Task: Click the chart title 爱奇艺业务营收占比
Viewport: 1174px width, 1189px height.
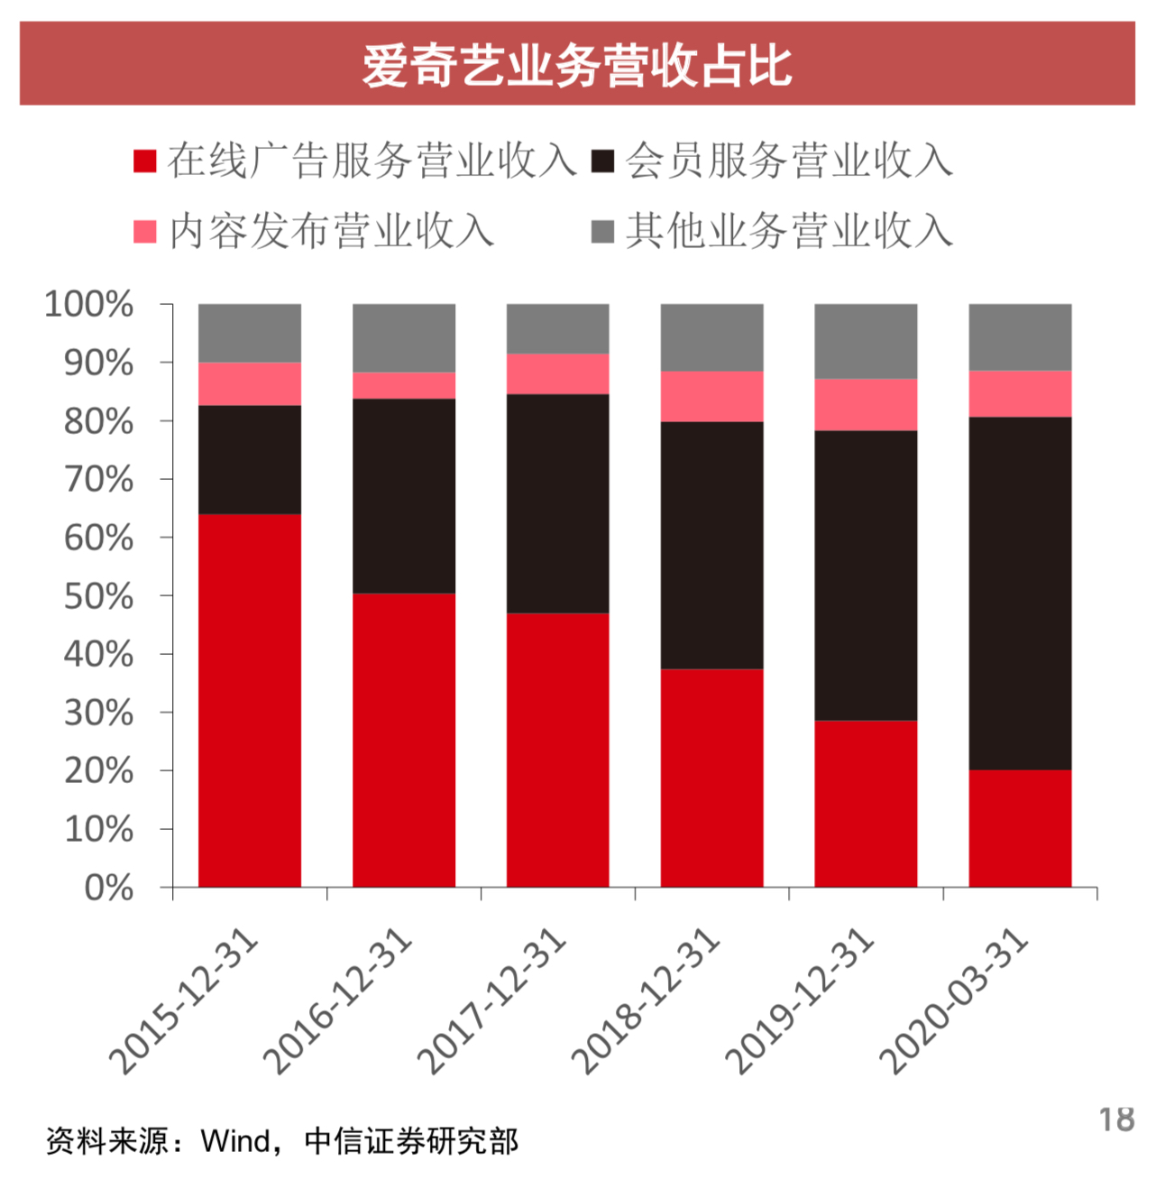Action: point(577,65)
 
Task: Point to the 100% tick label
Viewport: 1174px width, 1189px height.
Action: point(89,305)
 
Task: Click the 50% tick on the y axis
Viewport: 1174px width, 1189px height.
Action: point(98,596)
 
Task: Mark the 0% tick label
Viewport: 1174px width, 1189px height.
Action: point(108,889)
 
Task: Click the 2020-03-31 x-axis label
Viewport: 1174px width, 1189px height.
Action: point(955,1001)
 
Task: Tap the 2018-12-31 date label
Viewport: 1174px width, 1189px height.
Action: point(647,1001)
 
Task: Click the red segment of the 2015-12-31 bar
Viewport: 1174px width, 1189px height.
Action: point(250,700)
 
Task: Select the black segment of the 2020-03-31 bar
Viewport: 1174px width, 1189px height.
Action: point(1020,593)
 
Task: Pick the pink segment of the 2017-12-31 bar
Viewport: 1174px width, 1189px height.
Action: point(557,373)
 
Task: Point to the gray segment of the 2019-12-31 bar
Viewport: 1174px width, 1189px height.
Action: point(866,341)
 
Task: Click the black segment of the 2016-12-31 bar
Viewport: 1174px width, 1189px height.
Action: point(404,495)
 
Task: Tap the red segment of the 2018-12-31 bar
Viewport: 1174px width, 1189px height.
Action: point(711,778)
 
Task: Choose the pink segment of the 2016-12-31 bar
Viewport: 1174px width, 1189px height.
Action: point(404,385)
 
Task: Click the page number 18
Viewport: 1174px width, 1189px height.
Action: point(1116,1120)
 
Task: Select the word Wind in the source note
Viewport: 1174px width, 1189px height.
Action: point(236,1141)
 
